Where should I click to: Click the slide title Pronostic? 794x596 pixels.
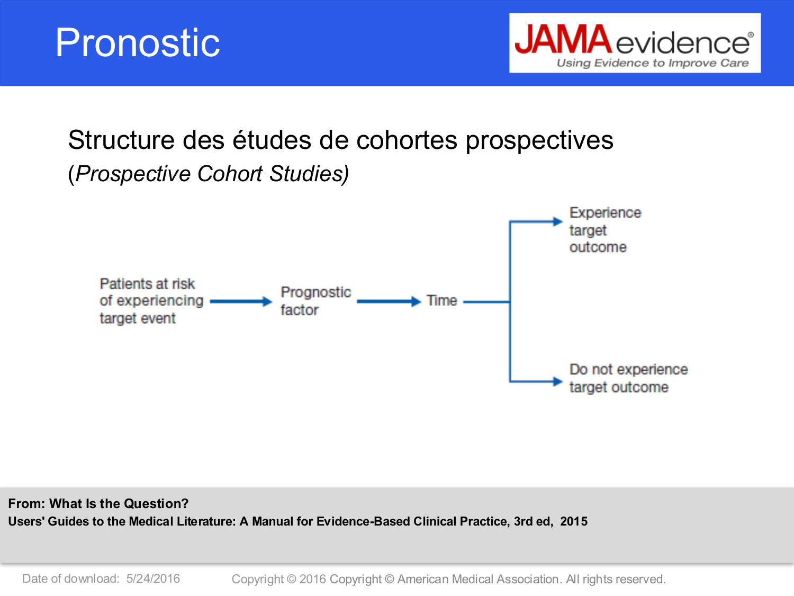point(138,43)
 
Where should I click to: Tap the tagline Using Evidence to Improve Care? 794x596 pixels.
point(652,63)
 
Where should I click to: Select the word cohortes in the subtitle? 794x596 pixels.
point(407,140)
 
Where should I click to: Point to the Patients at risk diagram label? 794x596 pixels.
point(151,300)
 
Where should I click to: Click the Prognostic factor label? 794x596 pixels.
point(315,300)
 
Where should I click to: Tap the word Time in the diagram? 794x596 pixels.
point(441,300)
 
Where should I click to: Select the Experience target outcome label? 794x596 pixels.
point(604,230)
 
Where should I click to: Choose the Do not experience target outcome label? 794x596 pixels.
point(628,378)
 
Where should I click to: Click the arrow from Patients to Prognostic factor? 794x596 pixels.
point(241,301)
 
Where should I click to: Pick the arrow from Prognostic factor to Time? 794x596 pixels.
point(389,301)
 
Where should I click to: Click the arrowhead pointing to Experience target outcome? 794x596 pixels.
point(557,221)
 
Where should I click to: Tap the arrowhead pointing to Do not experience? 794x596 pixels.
point(557,381)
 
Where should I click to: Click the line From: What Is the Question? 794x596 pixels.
point(98,503)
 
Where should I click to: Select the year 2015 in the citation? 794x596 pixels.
point(574,521)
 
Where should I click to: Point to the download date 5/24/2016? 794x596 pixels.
point(153,579)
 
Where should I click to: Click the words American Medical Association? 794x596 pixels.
point(477,579)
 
